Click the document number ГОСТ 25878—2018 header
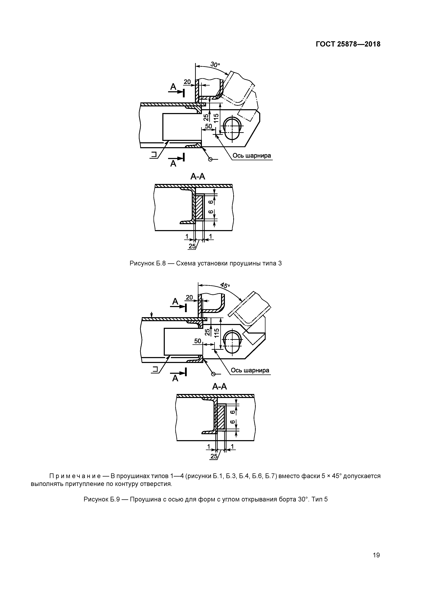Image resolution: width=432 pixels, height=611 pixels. click(348, 44)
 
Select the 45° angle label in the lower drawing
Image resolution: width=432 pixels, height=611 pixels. click(225, 286)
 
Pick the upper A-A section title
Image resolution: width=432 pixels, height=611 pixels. click(198, 176)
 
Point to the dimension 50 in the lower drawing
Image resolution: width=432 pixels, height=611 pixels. click(198, 341)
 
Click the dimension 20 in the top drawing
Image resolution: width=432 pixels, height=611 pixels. click(187, 82)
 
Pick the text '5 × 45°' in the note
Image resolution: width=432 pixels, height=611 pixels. click(331, 476)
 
